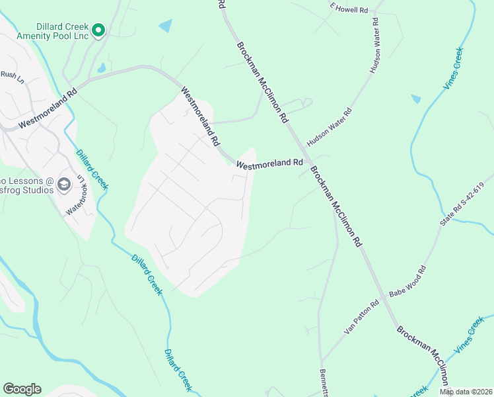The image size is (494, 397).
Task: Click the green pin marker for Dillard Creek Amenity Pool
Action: point(98,30)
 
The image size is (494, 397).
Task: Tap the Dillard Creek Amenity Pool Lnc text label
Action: point(52,30)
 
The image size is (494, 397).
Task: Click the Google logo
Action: point(22,389)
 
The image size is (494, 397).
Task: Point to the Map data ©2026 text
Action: point(466,392)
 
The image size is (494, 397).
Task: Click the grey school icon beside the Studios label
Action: point(65,185)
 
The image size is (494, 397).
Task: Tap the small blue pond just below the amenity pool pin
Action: point(101,67)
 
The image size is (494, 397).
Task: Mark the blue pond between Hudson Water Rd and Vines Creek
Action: point(415,99)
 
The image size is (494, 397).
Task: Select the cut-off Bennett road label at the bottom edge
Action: point(324,382)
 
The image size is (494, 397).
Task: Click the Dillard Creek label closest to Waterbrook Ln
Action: point(91,170)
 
